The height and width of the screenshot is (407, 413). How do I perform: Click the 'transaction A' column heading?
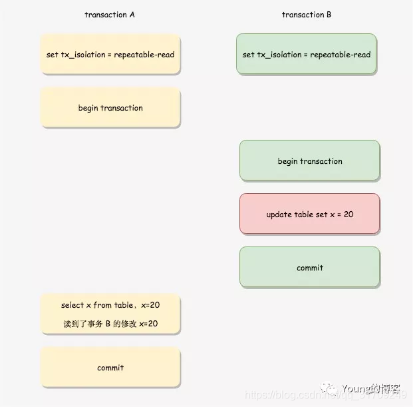pos(110,15)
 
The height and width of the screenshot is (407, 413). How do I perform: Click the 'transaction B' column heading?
pos(307,15)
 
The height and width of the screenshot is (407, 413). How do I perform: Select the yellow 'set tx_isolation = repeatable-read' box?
pos(110,55)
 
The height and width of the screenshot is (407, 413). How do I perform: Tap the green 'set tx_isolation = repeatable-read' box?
pos(307,55)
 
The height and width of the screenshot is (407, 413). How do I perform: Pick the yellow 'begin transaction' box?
pos(110,108)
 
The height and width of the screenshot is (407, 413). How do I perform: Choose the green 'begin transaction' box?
pos(310,161)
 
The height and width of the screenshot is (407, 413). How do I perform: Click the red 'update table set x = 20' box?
pos(310,214)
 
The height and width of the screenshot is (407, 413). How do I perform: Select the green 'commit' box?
pos(310,268)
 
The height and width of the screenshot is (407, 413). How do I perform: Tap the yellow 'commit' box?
pos(110,367)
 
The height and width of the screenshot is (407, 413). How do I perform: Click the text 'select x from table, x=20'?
pos(110,305)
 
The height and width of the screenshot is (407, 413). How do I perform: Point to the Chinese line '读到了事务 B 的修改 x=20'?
pos(110,324)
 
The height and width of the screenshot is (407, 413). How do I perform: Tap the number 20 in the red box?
pos(348,214)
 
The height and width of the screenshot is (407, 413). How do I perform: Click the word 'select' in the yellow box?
pos(72,305)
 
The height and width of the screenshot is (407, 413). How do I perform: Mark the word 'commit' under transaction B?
pos(310,268)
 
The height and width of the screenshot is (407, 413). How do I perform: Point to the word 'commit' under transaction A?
pos(110,367)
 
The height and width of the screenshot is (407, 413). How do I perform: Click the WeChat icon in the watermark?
pos(329,388)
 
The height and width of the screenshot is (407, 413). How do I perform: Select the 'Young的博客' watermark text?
pos(371,388)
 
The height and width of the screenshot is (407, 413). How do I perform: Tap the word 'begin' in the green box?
pos(288,161)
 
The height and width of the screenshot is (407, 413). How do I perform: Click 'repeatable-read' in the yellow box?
pos(144,55)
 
